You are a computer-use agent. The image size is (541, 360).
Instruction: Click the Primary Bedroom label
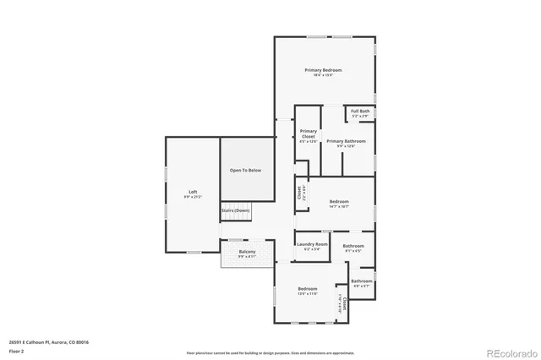[x=324, y=70]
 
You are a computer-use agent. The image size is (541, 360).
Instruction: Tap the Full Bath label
[x=360, y=111]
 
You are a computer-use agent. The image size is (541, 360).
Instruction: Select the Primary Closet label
[x=309, y=134]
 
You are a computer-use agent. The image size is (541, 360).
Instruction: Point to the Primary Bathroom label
[x=346, y=141]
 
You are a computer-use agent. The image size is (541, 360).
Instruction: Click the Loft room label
[x=193, y=192]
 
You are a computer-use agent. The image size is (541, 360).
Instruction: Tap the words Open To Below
[x=246, y=171]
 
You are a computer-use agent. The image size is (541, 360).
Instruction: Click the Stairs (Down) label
[x=236, y=210]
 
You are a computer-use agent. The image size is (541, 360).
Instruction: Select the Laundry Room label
[x=312, y=244]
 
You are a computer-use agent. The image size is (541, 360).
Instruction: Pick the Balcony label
[x=247, y=251]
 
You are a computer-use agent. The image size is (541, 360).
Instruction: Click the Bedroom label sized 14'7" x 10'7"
[x=339, y=201]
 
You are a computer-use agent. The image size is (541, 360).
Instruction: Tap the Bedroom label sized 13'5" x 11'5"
[x=308, y=289]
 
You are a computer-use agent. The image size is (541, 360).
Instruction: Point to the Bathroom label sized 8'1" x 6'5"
[x=352, y=246]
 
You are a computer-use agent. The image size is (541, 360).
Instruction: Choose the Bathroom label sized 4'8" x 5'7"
[x=362, y=281]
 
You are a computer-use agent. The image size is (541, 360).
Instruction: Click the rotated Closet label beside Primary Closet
[x=299, y=193]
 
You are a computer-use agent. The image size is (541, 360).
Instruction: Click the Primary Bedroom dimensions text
[x=324, y=76]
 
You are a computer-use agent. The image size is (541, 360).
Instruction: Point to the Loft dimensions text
[x=193, y=197]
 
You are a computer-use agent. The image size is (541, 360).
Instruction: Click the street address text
[x=48, y=342]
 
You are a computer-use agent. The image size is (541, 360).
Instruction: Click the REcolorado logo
[x=509, y=352]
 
